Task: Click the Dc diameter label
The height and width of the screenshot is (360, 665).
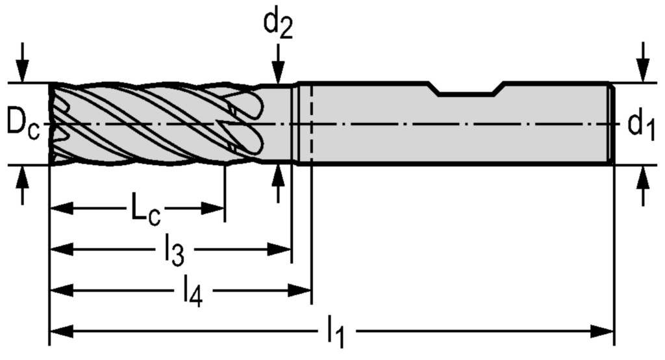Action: click(23, 123)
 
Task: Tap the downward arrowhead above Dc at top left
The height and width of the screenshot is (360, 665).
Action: click(23, 73)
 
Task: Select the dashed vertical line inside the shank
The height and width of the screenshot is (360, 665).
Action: click(312, 123)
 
